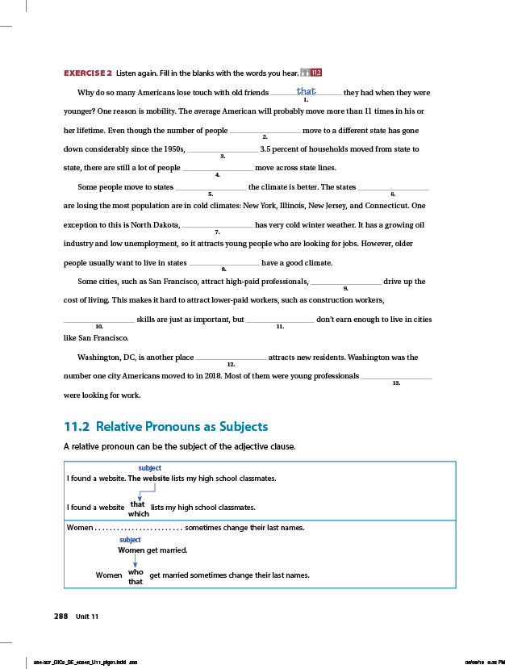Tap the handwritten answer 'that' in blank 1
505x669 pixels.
(x=306, y=92)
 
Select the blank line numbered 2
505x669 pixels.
(x=265, y=131)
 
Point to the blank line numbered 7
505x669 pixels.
(x=218, y=225)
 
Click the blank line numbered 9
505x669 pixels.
(x=345, y=282)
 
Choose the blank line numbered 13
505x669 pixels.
(x=396, y=377)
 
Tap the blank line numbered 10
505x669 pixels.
(x=99, y=320)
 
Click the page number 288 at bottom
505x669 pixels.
(x=61, y=616)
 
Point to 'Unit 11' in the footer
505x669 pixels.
(x=87, y=617)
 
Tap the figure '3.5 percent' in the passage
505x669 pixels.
(x=282, y=149)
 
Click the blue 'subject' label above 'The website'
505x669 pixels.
(x=150, y=468)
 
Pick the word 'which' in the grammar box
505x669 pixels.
(x=138, y=513)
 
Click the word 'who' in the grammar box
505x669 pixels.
(x=136, y=571)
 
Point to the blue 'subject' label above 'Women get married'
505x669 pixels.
(x=130, y=540)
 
